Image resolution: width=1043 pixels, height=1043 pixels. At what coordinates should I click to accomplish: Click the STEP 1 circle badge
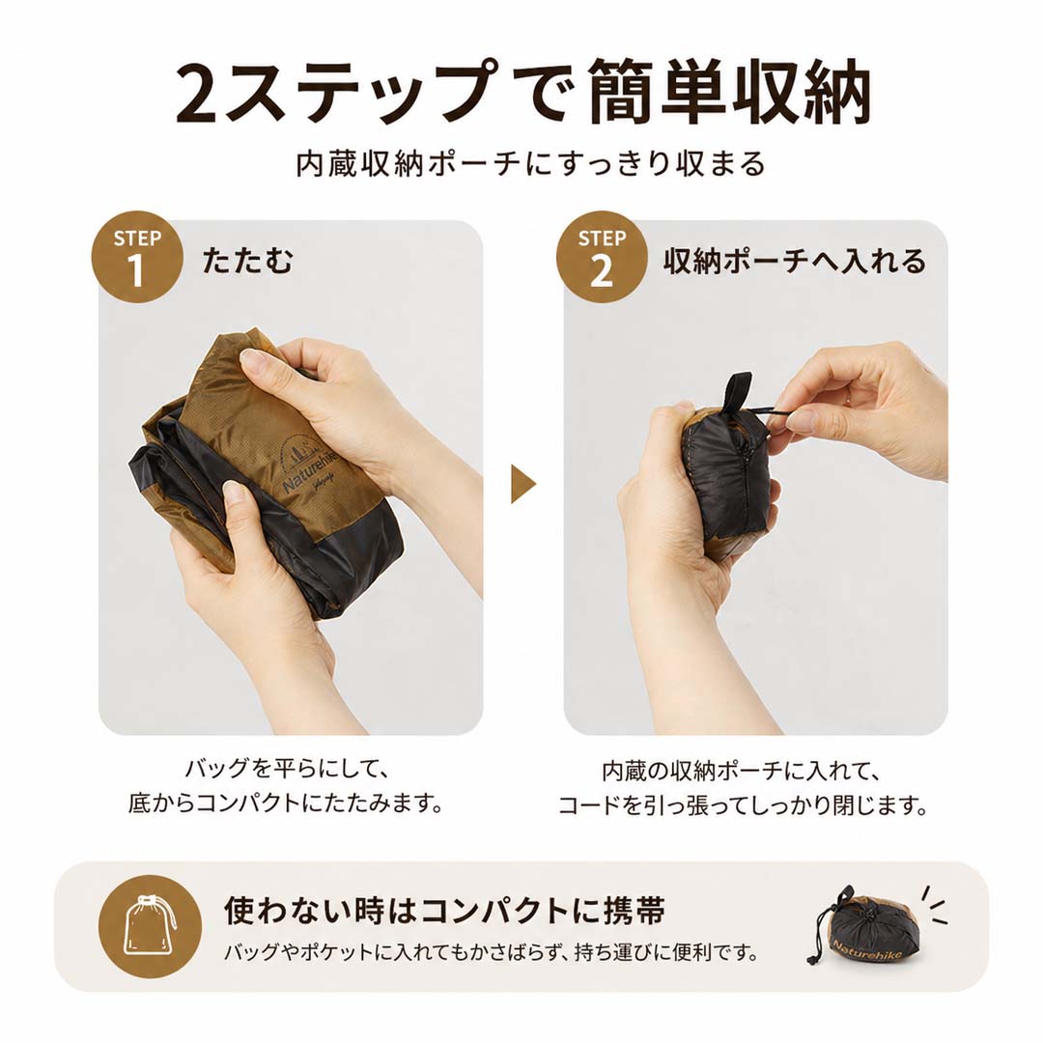pos(137,258)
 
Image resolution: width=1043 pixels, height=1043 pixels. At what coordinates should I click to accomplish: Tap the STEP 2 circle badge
pos(602,258)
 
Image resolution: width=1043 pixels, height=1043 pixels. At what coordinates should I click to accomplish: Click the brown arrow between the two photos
pos(522,484)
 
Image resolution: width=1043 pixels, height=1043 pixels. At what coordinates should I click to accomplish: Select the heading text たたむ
pos(247,260)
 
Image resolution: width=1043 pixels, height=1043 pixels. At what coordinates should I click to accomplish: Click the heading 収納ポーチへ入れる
pos(795,260)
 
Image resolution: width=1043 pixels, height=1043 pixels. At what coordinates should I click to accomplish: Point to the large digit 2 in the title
pos(196,94)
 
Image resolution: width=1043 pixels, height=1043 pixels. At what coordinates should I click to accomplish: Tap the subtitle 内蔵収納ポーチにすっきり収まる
pos(531,163)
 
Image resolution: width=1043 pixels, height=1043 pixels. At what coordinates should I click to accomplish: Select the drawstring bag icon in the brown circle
pos(150,926)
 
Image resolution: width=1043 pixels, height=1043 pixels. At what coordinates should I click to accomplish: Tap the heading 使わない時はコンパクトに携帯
pos(444,911)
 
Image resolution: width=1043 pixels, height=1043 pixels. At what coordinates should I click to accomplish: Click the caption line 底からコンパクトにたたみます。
pos(286,803)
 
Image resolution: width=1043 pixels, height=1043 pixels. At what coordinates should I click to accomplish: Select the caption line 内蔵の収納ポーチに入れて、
pos(743,771)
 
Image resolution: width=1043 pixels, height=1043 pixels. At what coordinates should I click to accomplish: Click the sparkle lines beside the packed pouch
pos(933,905)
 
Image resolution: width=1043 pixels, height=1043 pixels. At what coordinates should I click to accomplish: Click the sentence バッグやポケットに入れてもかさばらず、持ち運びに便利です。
pos(491,952)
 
